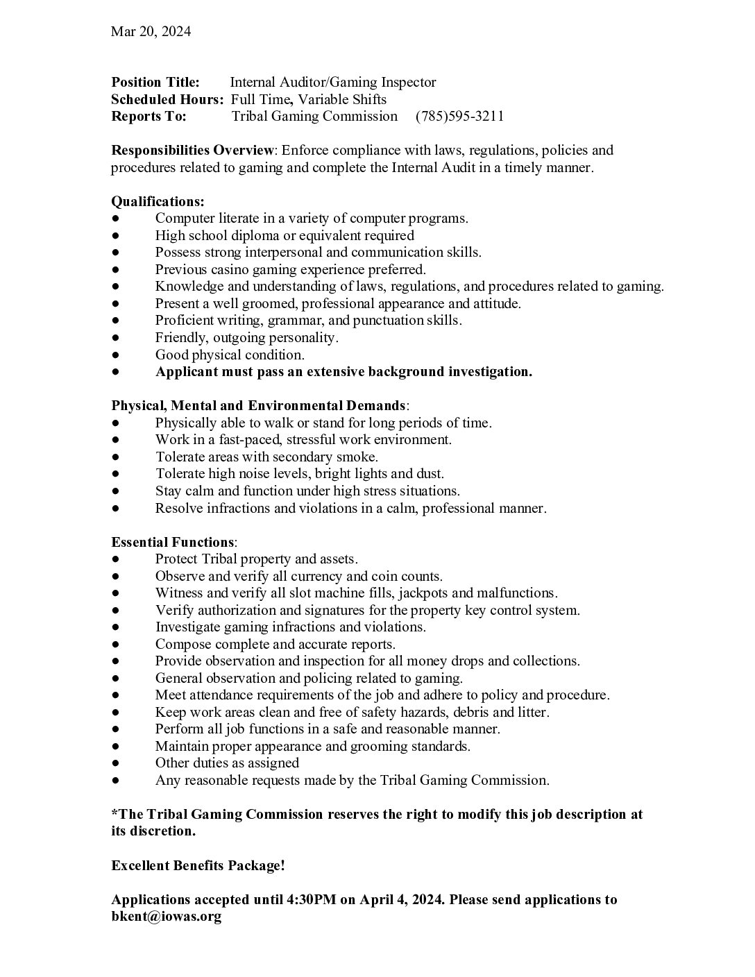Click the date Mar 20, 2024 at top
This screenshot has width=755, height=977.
[151, 31]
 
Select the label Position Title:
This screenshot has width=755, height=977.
[155, 83]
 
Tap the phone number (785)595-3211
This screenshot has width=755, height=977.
[459, 116]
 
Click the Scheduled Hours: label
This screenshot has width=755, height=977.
[167, 99]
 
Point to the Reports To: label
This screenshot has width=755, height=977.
[149, 116]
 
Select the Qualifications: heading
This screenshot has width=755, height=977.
[158, 201]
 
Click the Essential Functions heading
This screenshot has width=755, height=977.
[173, 542]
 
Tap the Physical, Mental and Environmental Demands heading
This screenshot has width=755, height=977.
[258, 405]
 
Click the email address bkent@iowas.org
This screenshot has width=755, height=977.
[166, 917]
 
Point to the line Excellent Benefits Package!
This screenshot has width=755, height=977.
[198, 865]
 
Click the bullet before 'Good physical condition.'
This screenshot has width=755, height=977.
[115, 355]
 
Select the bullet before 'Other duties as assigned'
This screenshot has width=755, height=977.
[115, 763]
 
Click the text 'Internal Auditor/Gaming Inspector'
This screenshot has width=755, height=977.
[333, 83]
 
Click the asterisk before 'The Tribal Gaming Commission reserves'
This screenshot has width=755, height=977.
[114, 813]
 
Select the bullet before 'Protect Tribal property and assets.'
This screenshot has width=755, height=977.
[115, 559]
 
